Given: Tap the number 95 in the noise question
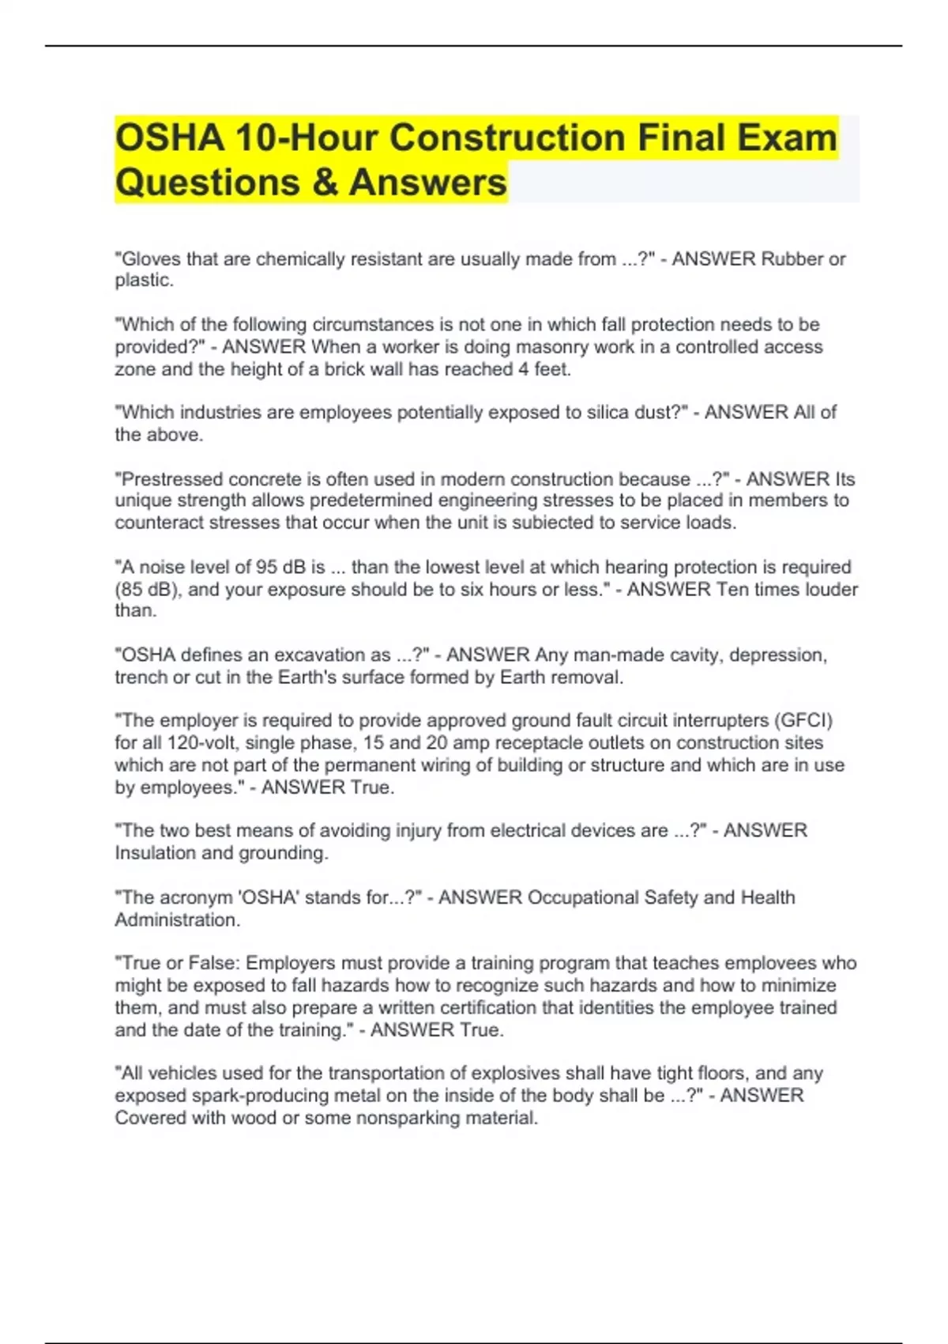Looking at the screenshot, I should [265, 567].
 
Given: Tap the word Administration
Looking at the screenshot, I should [176, 919].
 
